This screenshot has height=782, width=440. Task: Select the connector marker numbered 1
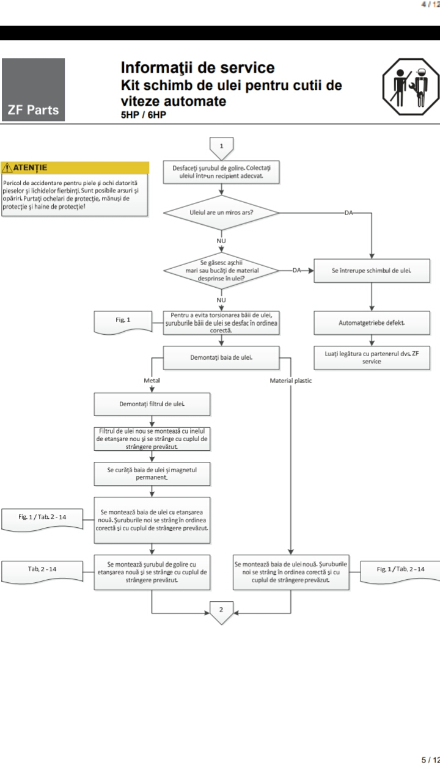pos(221,145)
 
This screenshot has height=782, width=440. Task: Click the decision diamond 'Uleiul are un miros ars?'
pos(221,213)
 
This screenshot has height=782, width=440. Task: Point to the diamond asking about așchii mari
pos(221,270)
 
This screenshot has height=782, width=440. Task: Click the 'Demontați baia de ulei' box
pos(221,357)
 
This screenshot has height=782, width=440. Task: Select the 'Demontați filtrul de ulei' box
pos(152,404)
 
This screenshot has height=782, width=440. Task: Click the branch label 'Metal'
pos(152,380)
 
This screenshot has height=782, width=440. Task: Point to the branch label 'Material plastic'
pos(291,380)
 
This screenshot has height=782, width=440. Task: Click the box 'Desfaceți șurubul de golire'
pos(221,172)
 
